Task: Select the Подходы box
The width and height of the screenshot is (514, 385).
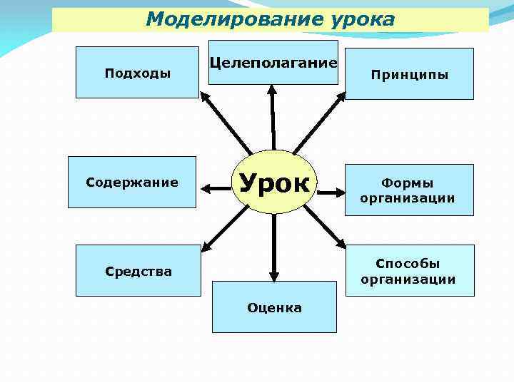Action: coord(137,73)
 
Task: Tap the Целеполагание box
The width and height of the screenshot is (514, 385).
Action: coord(273,63)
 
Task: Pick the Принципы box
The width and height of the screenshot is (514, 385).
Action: coord(409,73)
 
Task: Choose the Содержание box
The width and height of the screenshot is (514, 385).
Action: coord(131,183)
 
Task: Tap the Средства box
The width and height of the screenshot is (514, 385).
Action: coord(138,271)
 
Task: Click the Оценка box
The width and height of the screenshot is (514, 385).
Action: coord(274,307)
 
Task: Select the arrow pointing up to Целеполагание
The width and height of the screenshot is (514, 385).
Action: coord(272,118)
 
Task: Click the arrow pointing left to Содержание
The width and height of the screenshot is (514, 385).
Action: coord(217,188)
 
